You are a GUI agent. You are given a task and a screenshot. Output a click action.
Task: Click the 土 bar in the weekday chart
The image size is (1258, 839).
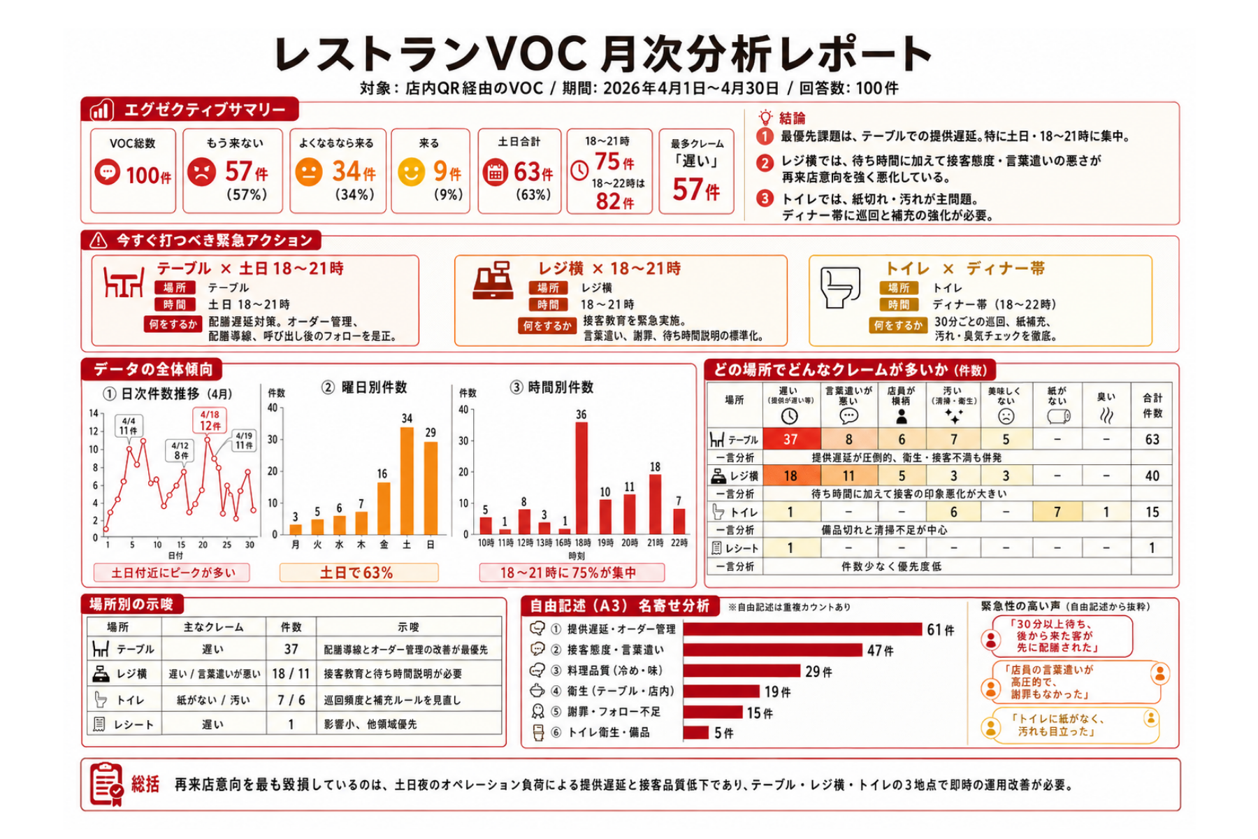point(407,481)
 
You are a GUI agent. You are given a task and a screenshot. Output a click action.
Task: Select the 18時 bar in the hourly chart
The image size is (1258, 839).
point(581,478)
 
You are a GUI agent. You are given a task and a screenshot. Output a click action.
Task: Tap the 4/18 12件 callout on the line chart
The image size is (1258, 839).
point(210,420)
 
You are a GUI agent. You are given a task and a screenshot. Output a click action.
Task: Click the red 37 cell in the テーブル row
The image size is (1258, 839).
point(790,439)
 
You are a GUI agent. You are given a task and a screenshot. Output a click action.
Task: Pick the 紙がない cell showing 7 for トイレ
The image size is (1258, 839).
point(1057,512)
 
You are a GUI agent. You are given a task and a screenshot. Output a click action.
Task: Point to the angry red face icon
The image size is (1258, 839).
point(201,172)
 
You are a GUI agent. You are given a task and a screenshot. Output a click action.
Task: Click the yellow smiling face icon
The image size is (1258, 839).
point(412,172)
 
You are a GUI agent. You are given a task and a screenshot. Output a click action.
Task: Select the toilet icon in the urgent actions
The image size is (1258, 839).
point(839,287)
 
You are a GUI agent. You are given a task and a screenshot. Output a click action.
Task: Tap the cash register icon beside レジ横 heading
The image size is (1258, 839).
point(493,280)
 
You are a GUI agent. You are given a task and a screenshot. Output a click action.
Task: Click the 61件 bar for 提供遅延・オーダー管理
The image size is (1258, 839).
point(802,629)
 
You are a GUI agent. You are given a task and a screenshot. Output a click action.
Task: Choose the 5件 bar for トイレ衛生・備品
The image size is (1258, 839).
point(696,733)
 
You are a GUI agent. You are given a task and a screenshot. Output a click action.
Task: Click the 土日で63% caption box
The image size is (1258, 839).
point(359,573)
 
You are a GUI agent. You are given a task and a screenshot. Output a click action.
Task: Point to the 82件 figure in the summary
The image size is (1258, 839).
point(614,201)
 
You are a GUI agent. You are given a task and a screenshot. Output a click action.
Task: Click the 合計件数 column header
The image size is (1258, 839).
point(1152,406)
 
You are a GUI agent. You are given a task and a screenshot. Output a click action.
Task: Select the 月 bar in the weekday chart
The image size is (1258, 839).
point(296,529)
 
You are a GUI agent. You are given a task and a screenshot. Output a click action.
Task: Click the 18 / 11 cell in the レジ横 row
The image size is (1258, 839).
point(291,674)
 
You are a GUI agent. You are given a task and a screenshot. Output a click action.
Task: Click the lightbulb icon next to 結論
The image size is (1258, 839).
point(765,117)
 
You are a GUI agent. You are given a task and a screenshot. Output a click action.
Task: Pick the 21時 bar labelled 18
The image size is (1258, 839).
point(654,505)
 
